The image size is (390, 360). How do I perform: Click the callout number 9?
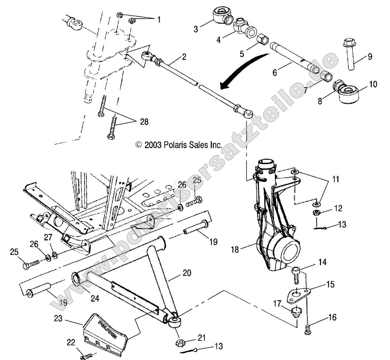[x=370, y=56]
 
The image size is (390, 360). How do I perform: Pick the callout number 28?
[x=144, y=122]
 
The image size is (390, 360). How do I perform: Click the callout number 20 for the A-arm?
[x=187, y=273]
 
